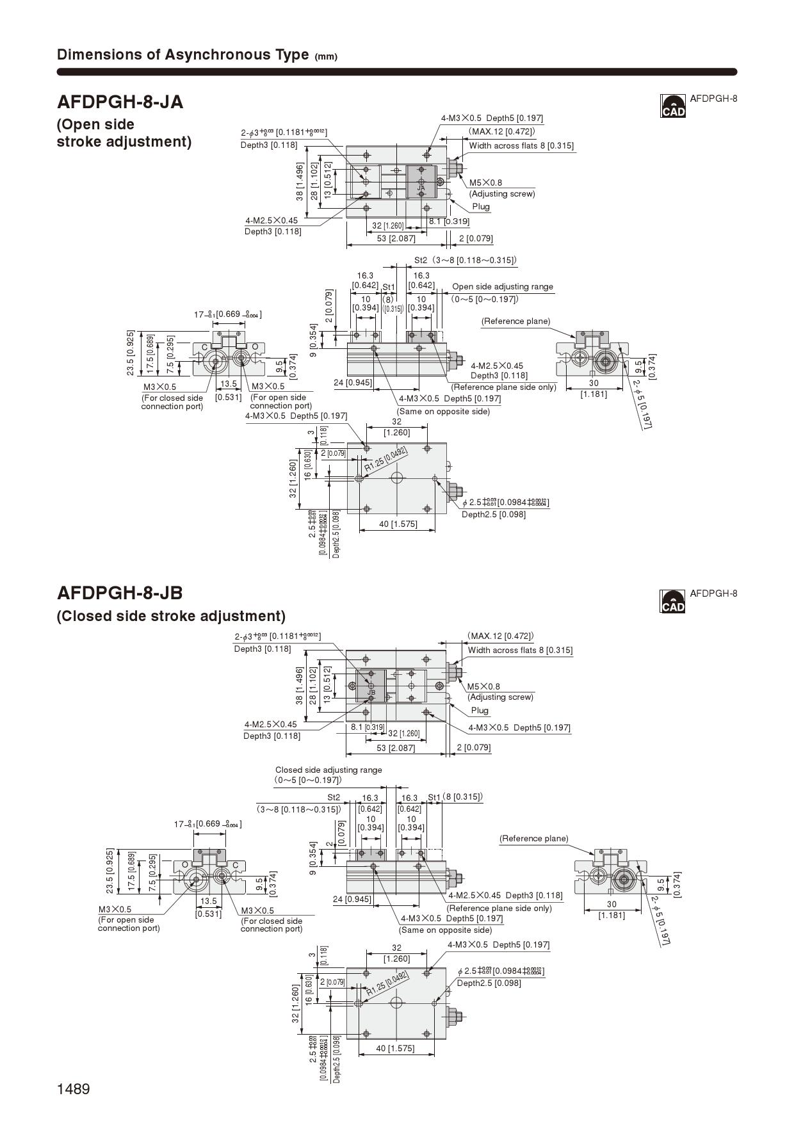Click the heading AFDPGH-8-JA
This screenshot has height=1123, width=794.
[x=120, y=102]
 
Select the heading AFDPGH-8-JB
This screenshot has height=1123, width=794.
[x=120, y=592]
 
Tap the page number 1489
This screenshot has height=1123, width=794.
[x=74, y=1088]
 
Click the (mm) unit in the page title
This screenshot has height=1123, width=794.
[x=326, y=56]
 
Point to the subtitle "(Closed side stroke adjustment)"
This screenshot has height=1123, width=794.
[x=171, y=616]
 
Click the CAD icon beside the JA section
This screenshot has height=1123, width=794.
[x=672, y=106]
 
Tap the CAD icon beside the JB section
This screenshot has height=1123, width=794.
[x=672, y=601]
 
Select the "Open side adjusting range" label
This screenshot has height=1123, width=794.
[x=502, y=287]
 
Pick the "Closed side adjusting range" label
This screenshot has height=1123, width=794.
[x=328, y=770]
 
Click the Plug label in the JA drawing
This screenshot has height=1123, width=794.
[x=481, y=206]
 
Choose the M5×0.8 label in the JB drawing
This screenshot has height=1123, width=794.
[x=483, y=686]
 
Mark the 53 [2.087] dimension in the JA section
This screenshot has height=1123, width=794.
[x=396, y=238]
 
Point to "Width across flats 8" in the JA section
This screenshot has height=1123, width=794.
[x=521, y=145]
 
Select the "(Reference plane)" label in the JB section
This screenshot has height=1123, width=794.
[x=533, y=838]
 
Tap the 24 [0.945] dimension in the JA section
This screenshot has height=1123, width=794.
[x=352, y=383]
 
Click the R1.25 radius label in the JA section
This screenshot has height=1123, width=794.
[x=385, y=460]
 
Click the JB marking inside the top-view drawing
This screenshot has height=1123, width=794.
[x=371, y=693]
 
